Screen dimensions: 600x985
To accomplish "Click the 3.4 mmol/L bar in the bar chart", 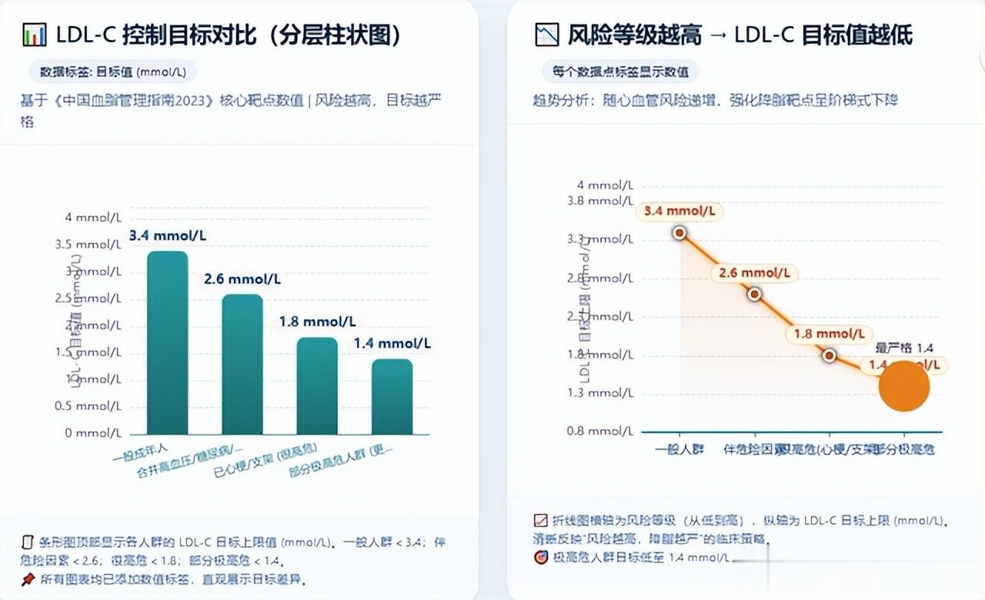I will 168,342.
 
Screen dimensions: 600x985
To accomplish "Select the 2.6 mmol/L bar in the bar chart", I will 242,364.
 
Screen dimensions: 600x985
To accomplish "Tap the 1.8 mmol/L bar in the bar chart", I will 317,385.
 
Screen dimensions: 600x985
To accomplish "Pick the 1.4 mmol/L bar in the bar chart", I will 392,396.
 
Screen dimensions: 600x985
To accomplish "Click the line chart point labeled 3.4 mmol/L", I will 679,232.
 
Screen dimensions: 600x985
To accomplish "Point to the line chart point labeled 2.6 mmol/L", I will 754,293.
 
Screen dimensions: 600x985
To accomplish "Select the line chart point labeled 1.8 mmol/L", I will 829,355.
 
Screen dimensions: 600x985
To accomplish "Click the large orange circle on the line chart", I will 904,386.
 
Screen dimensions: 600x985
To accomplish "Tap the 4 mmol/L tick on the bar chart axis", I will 92,218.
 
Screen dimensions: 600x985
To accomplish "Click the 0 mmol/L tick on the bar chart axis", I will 92,433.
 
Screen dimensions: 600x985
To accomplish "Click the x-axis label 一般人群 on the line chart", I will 679,449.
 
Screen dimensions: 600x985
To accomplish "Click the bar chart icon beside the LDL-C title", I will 35,35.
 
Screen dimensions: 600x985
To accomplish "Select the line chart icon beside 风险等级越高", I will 546,35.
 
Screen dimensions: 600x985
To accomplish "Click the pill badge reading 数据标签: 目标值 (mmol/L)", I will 113,72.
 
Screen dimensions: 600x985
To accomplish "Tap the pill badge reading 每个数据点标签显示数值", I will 620,72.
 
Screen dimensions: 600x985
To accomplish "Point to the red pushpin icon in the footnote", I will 28,578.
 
